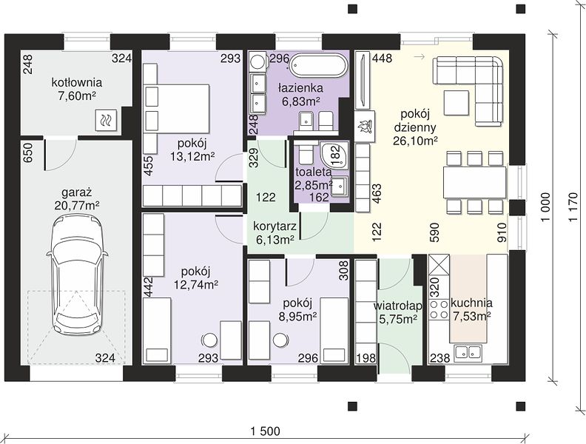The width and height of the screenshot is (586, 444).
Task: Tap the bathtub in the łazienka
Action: [318, 66]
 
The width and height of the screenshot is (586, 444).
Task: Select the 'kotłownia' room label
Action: [77, 82]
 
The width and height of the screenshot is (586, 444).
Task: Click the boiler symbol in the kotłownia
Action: [107, 121]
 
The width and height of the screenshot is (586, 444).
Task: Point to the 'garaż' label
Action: [77, 192]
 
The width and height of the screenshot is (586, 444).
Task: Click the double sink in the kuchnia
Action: [468, 352]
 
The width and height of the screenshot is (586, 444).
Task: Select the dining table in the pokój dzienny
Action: [474, 182]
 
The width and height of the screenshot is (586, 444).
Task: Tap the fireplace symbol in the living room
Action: [364, 126]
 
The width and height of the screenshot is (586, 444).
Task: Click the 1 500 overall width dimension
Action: [266, 431]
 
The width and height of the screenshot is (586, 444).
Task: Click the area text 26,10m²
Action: [416, 141]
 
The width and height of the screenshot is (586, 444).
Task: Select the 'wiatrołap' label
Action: [397, 306]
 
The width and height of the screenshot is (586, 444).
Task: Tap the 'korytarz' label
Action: [275, 226]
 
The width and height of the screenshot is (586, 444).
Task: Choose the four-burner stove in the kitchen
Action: [438, 310]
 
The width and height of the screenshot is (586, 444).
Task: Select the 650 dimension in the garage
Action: [28, 153]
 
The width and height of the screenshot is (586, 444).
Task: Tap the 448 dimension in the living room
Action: [382, 58]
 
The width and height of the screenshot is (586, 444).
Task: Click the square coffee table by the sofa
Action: [457, 103]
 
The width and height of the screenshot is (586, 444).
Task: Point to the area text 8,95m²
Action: [298, 317]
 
